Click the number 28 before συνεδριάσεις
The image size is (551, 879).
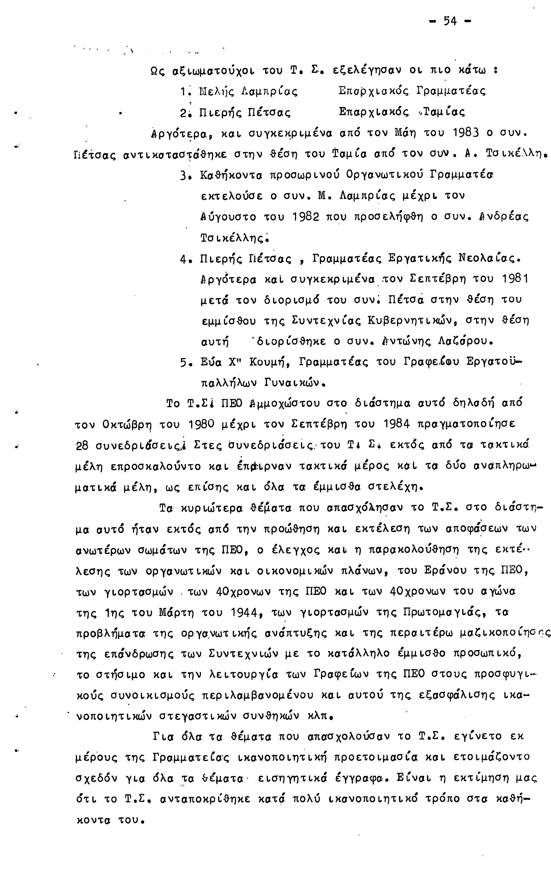tap(82, 446)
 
